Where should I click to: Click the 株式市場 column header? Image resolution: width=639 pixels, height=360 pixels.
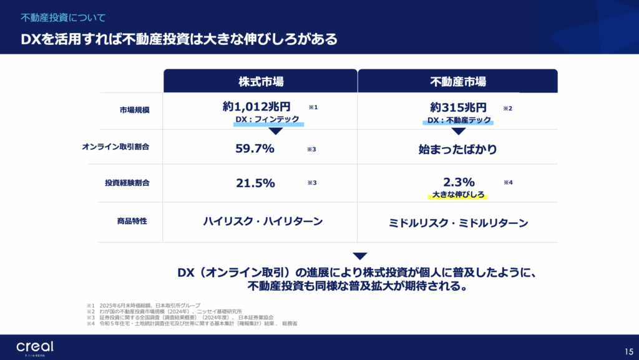click(x=261, y=81)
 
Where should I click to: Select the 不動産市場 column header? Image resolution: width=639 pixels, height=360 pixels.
click(x=458, y=81)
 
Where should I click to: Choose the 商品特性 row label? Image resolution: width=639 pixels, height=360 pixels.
click(x=131, y=221)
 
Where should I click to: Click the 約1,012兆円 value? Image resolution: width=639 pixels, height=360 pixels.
click(x=256, y=107)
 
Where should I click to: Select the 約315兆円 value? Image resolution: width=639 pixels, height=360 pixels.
click(x=458, y=107)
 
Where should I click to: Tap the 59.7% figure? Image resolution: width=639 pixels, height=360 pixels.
click(x=255, y=148)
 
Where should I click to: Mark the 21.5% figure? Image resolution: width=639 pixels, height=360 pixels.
click(x=255, y=183)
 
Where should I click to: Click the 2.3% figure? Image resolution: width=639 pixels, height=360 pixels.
click(x=459, y=182)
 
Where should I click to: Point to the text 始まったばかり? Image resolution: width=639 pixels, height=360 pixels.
click(x=458, y=149)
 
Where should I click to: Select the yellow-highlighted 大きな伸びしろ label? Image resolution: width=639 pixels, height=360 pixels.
click(x=458, y=195)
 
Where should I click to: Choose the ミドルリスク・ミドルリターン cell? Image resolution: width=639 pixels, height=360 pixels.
click(x=458, y=223)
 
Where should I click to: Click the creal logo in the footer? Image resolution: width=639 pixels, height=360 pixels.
click(x=35, y=348)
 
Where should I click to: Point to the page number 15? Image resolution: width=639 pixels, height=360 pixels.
click(x=628, y=351)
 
